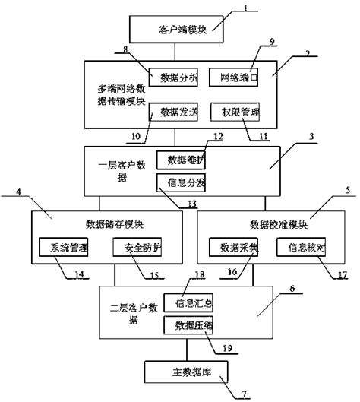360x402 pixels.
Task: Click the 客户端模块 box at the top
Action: point(176,30)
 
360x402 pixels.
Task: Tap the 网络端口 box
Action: point(236,77)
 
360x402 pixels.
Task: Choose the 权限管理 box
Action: point(236,112)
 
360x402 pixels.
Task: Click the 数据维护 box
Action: point(181,160)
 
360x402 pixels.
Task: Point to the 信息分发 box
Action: point(181,182)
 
